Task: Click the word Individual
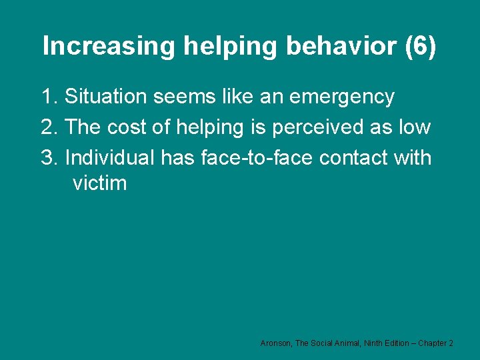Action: tap(110, 158)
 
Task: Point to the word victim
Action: tap(99, 183)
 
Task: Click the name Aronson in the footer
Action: tap(276, 343)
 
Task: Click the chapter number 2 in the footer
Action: tap(451, 343)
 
